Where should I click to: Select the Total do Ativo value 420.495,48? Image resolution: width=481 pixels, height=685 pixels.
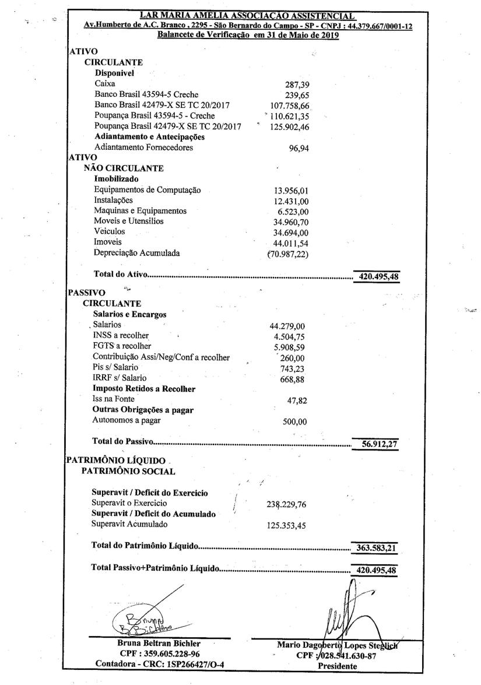tap(378, 277)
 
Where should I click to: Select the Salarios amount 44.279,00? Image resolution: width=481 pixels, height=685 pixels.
tap(289, 325)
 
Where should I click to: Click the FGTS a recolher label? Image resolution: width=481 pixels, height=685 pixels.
tap(118, 346)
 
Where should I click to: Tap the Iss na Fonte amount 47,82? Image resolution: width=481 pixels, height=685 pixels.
tap(299, 401)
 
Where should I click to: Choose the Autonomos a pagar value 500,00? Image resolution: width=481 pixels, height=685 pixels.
tap(295, 422)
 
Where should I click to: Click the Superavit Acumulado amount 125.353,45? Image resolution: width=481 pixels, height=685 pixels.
tap(287, 525)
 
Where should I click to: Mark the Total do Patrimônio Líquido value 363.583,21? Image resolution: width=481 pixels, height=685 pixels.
tap(376, 547)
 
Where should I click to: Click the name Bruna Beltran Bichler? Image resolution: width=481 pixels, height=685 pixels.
tap(151, 644)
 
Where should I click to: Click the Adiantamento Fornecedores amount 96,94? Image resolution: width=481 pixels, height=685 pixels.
tap(299, 148)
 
